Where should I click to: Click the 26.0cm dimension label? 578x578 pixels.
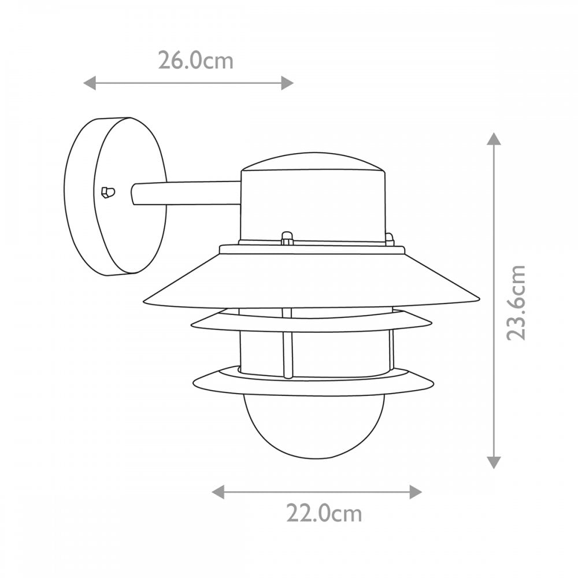[x=196, y=61]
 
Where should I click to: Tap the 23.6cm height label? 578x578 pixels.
[x=516, y=302]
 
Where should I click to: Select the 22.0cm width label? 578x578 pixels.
[x=324, y=513]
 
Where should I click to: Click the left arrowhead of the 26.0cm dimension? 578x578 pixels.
[x=90, y=83]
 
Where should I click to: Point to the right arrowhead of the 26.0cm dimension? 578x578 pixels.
[x=287, y=83]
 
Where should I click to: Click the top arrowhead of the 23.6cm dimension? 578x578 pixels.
[x=494, y=139]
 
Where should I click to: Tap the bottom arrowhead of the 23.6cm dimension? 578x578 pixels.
[x=494, y=462]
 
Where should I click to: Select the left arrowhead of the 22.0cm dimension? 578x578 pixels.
[x=218, y=492]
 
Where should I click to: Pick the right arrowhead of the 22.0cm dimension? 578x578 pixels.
[x=416, y=492]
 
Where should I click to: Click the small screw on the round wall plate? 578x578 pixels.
[x=108, y=192]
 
